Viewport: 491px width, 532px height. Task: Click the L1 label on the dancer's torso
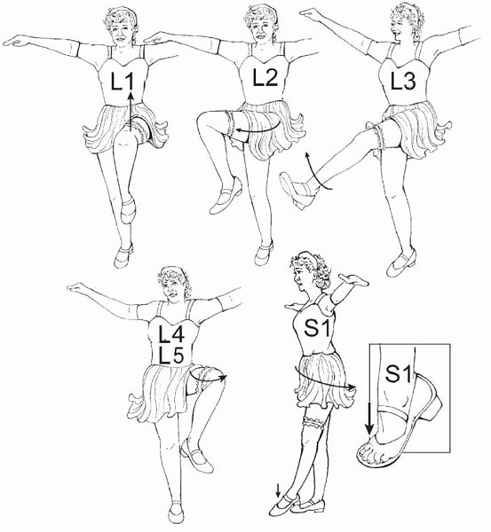click(x=123, y=82)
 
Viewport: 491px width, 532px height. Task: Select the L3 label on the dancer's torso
click(x=403, y=82)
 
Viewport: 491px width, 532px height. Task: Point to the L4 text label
click(x=172, y=333)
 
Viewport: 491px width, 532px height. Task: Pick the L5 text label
click(x=172, y=356)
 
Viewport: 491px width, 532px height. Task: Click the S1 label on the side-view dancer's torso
click(x=317, y=328)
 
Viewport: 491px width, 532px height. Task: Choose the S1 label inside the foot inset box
click(x=399, y=374)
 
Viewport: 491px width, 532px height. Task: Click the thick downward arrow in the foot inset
click(x=369, y=417)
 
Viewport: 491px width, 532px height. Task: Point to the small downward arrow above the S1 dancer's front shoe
click(x=278, y=491)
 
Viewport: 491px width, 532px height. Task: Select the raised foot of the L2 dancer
click(x=226, y=197)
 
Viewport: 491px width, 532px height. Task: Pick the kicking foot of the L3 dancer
click(x=294, y=191)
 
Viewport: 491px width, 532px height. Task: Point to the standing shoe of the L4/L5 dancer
click(x=175, y=512)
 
